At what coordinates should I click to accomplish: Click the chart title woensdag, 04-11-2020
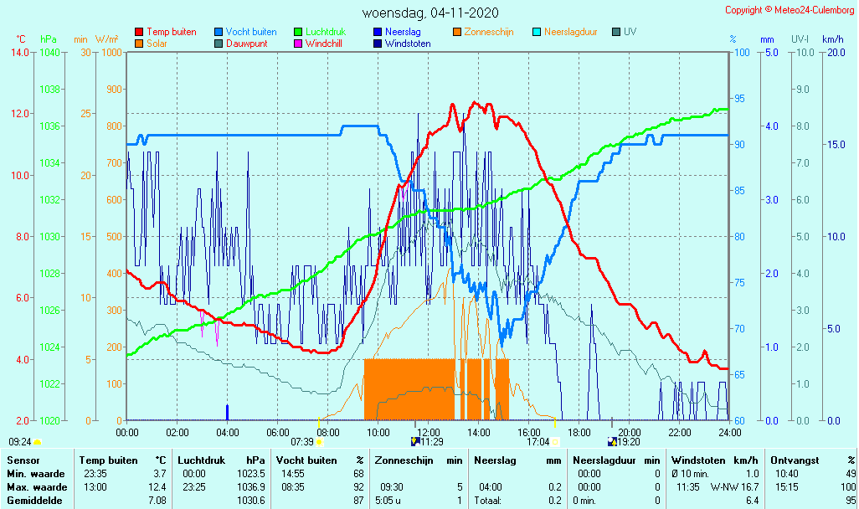pos(430,13)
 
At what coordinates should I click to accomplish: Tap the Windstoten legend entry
pos(408,44)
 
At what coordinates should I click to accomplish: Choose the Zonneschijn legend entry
pos(488,32)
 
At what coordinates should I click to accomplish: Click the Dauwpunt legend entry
pos(247,44)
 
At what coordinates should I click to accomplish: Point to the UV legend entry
pos(630,32)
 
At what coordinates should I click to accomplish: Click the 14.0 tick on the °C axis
pos(20,53)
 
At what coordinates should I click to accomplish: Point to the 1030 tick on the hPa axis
pos(49,237)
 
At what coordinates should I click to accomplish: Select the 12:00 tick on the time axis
pos(429,432)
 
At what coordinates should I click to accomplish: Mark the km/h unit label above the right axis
pos(832,39)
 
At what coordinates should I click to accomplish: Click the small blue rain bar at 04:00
pos(228,412)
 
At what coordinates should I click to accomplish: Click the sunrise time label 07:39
pos(301,442)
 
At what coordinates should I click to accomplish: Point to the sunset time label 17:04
pos(538,442)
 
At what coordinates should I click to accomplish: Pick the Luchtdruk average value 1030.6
pos(251,500)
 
